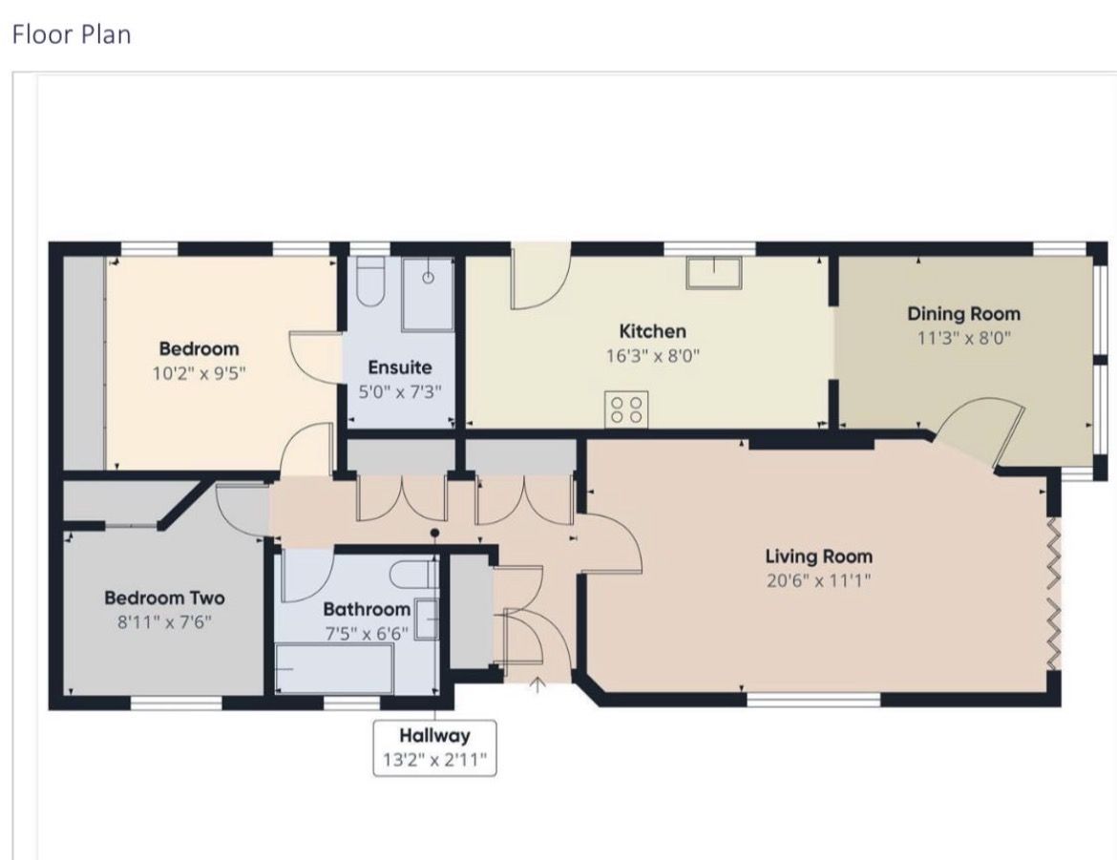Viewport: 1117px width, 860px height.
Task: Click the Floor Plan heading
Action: pos(72,34)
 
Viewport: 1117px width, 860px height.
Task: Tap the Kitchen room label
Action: pos(652,331)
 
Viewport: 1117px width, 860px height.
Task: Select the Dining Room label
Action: pos(963,314)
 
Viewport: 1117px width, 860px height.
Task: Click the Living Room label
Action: pos(818,556)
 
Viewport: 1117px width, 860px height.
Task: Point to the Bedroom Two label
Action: pos(164,598)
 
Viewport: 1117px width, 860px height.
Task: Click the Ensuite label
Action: pos(400,367)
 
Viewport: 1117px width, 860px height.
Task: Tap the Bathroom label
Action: pos(367,609)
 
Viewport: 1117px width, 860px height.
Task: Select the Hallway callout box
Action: pos(434,747)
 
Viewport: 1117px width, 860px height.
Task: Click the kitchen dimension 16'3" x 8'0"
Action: pos(653,355)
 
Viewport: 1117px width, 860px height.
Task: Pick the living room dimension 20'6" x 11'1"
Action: pos(818,580)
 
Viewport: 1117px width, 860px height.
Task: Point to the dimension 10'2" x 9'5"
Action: pos(199,373)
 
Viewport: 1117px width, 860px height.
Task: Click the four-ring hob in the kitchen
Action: pos(626,409)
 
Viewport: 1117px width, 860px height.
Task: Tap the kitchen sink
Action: pos(714,273)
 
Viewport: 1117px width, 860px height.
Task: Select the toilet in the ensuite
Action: pos(370,283)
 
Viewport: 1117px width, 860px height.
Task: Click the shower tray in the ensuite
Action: pos(428,294)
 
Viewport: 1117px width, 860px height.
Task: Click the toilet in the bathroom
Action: pos(413,575)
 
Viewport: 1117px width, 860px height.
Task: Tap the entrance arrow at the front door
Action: pos(537,684)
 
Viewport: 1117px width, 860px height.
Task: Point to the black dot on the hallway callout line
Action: pos(435,533)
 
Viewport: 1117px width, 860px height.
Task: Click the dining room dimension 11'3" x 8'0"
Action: pos(964,339)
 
